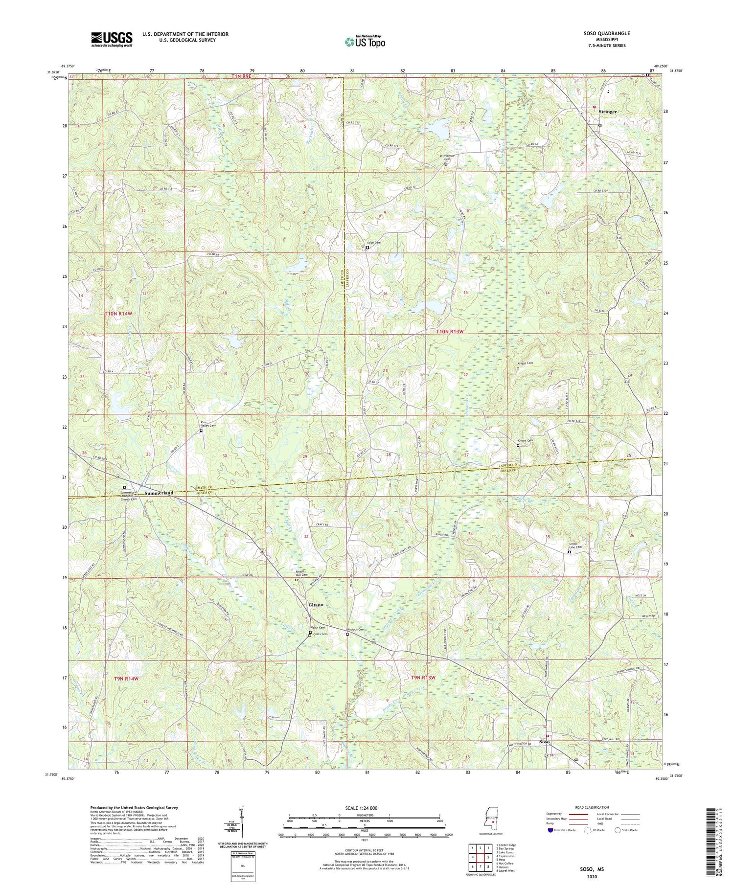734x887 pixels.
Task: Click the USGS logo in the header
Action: coord(112,39)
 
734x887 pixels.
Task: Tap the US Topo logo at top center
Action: coord(365,42)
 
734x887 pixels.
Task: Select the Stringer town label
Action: coord(608,112)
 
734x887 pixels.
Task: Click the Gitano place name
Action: coord(316,605)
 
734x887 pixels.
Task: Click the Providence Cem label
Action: coord(446,158)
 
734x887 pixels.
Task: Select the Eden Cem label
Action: coord(374,242)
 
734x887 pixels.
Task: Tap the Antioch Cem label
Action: coord(356,630)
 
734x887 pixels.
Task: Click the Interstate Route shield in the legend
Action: coord(550,830)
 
